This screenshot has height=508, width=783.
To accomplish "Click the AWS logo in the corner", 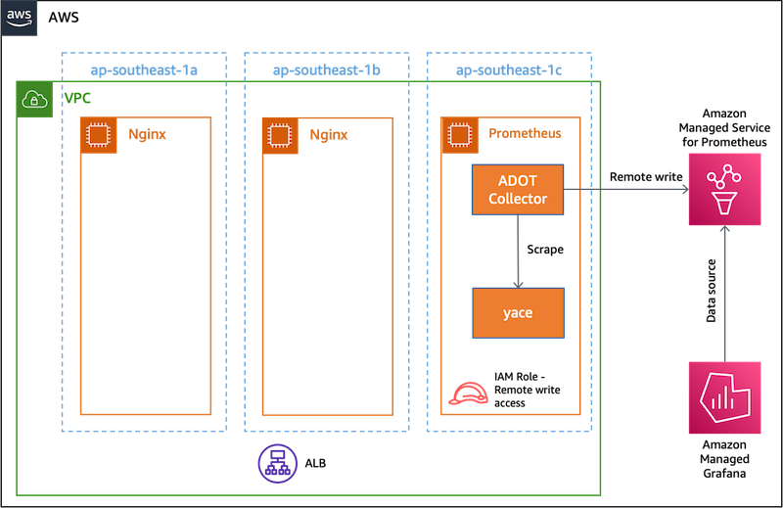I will [19, 18].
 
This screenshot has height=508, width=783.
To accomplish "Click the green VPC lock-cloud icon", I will [35, 100].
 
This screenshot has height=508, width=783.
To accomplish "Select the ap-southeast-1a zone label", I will [143, 70].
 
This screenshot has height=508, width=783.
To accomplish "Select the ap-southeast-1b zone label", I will [326, 70].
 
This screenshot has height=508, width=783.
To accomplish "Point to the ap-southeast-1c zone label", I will [509, 70].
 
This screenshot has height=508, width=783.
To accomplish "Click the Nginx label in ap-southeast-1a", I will [147, 135].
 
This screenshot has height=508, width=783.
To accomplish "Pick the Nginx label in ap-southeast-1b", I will [329, 135].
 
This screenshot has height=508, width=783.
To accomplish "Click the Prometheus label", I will [525, 133].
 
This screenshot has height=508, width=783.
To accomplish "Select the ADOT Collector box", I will [518, 190].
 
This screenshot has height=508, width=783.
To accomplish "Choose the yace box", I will [518, 313].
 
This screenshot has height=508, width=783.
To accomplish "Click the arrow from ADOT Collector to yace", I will [518, 252].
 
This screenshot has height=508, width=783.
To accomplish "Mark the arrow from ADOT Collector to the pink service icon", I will [626, 190].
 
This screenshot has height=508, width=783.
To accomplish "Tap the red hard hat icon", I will [467, 393].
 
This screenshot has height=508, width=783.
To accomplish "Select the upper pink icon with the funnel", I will [724, 190].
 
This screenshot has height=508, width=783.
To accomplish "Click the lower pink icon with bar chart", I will [724, 396].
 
